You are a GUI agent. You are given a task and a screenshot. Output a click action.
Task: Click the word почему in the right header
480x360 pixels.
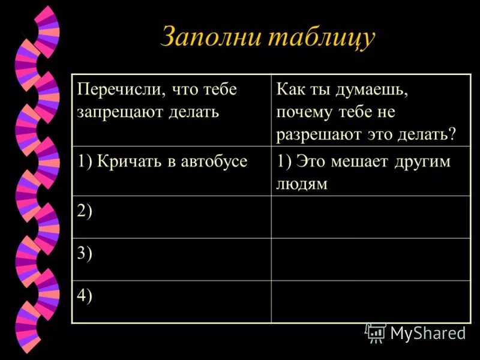pyautogui.click(x=304, y=112)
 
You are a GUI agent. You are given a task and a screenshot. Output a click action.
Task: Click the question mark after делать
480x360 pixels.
pyautogui.click(x=452, y=133)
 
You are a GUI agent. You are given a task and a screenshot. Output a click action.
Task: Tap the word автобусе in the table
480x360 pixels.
pyautogui.click(x=213, y=161)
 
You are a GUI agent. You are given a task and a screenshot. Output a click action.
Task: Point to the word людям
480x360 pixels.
pyautogui.click(x=302, y=183)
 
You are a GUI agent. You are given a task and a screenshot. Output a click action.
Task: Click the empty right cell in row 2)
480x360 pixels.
pyautogui.click(x=370, y=217)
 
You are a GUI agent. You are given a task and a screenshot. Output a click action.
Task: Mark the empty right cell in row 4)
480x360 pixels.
pyautogui.click(x=370, y=301)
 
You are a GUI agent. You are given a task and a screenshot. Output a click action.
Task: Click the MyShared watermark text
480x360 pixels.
pyautogui.click(x=428, y=333)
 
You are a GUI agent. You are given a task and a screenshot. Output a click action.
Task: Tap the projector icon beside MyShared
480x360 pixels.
pyautogui.click(x=376, y=332)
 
